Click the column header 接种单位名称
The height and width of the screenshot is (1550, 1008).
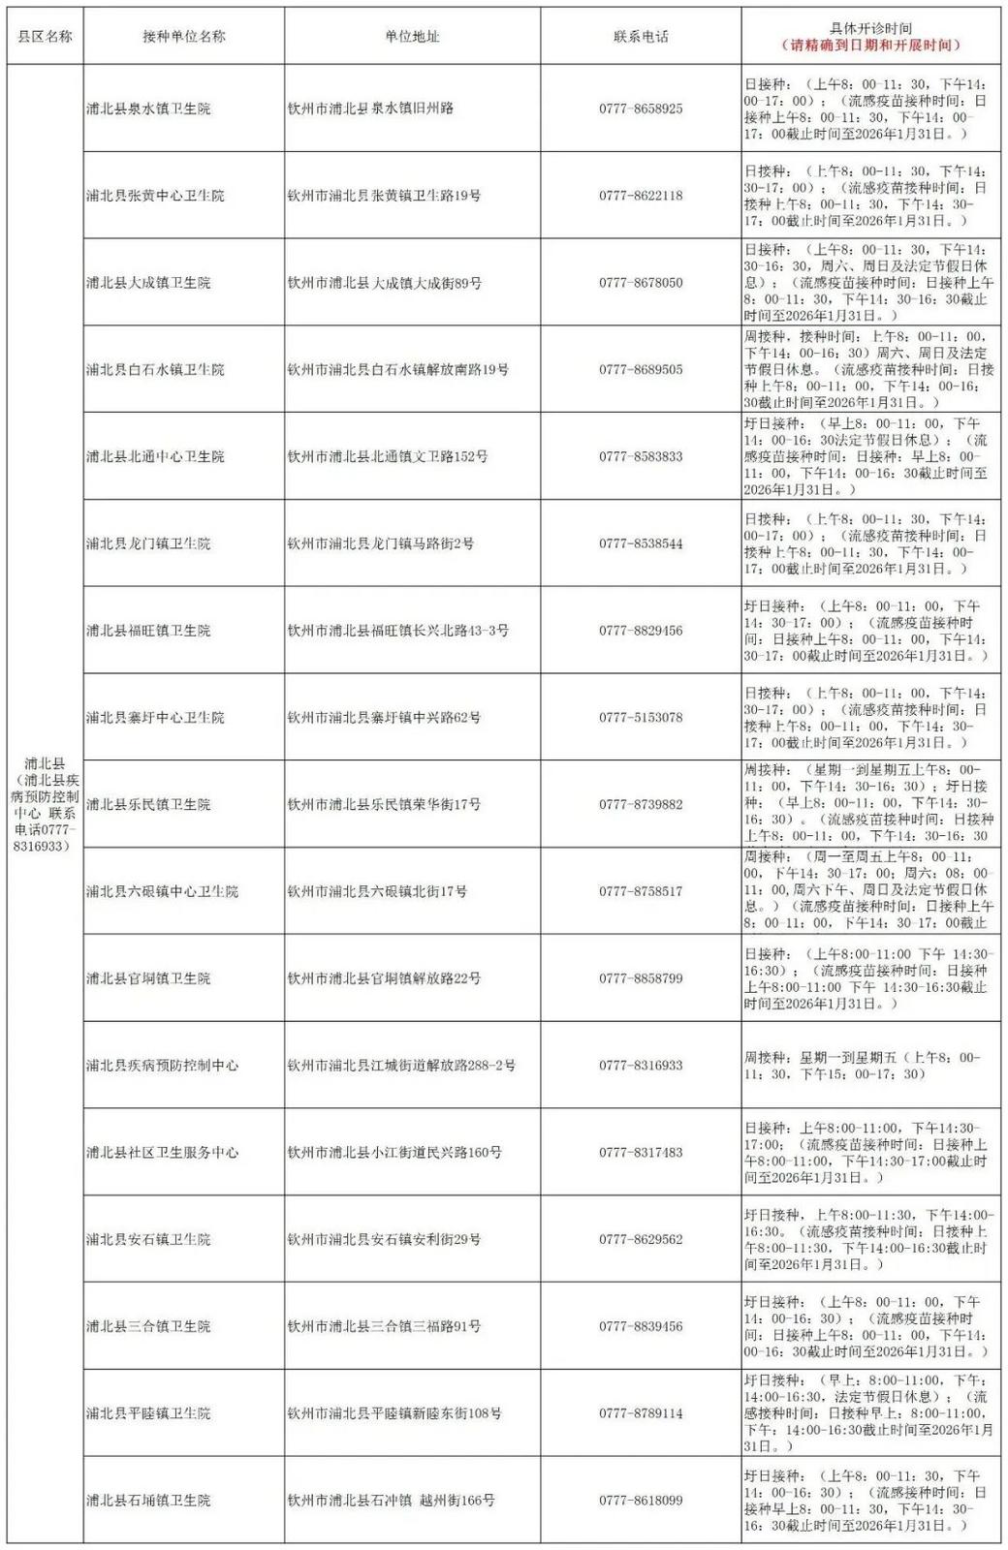pyautogui.click(x=183, y=37)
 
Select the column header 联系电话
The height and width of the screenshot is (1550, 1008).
pyautogui.click(x=641, y=37)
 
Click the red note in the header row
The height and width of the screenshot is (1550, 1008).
pyautogui.click(x=870, y=46)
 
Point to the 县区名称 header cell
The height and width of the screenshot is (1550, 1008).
pyautogui.click(x=45, y=37)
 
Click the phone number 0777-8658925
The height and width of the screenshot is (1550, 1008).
pyautogui.click(x=641, y=108)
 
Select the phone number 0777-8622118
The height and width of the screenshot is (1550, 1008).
pyautogui.click(x=641, y=196)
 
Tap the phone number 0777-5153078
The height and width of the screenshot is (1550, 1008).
pyautogui.click(x=641, y=718)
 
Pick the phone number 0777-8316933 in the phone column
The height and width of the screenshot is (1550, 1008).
pyautogui.click(x=641, y=1066)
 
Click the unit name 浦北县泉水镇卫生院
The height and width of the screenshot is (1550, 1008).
pyautogui.click(x=148, y=108)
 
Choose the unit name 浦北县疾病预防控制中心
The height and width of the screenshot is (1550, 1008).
pyautogui.click(x=162, y=1066)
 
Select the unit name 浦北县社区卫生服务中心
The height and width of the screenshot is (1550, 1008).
pyautogui.click(x=162, y=1153)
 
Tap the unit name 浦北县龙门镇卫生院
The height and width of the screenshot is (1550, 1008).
pyautogui.click(x=148, y=543)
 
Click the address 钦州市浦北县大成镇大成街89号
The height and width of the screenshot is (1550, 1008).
pyautogui.click(x=385, y=283)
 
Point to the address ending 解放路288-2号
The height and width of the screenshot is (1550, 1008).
pyautogui.click(x=401, y=1066)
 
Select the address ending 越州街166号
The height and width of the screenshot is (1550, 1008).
pyautogui.click(x=392, y=1501)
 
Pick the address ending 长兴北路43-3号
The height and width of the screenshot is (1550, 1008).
pyautogui.click(x=398, y=631)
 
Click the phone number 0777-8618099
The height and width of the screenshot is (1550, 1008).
pyautogui.click(x=641, y=1501)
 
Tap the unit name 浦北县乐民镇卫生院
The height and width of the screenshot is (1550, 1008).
pyautogui.click(x=148, y=805)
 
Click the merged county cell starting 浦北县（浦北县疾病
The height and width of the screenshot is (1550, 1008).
pyautogui.click(x=45, y=804)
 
